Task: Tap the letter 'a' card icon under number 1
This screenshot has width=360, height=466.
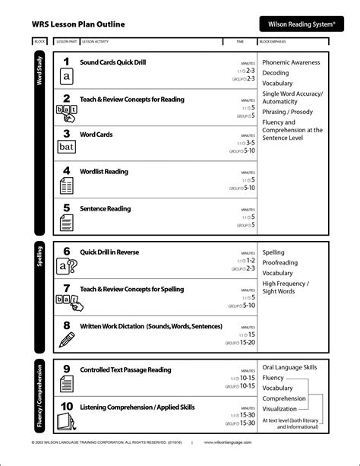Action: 67,77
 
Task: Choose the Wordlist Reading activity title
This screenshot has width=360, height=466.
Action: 104,172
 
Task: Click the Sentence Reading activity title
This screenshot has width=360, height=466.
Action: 105,208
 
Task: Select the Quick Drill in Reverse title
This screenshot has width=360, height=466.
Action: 109,252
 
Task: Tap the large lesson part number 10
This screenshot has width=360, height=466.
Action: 66,406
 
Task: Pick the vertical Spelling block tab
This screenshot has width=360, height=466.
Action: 39,260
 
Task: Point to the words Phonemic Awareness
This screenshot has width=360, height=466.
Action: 291,62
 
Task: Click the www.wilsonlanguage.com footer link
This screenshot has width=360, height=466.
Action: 228,442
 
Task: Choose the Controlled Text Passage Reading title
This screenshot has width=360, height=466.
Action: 125,370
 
